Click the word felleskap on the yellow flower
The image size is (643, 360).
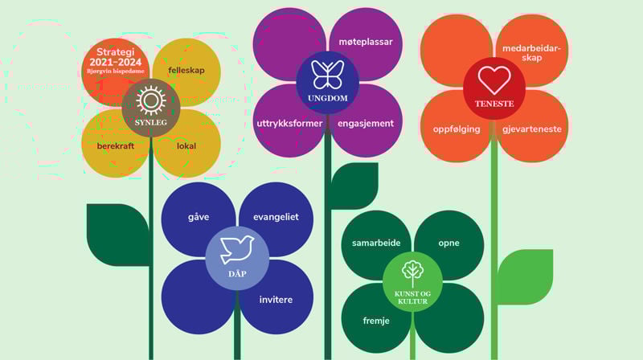(186, 70)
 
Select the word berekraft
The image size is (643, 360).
(116, 146)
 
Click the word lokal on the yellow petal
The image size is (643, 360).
(186, 146)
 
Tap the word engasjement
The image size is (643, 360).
(366, 124)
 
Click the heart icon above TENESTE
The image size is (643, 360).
(494, 80)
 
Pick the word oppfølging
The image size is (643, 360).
(457, 129)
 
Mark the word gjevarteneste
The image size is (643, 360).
(531, 129)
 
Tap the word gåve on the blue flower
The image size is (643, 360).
(199, 218)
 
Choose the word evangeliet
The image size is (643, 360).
(276, 218)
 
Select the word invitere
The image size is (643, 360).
(276, 300)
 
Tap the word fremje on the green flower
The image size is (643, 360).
(376, 321)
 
